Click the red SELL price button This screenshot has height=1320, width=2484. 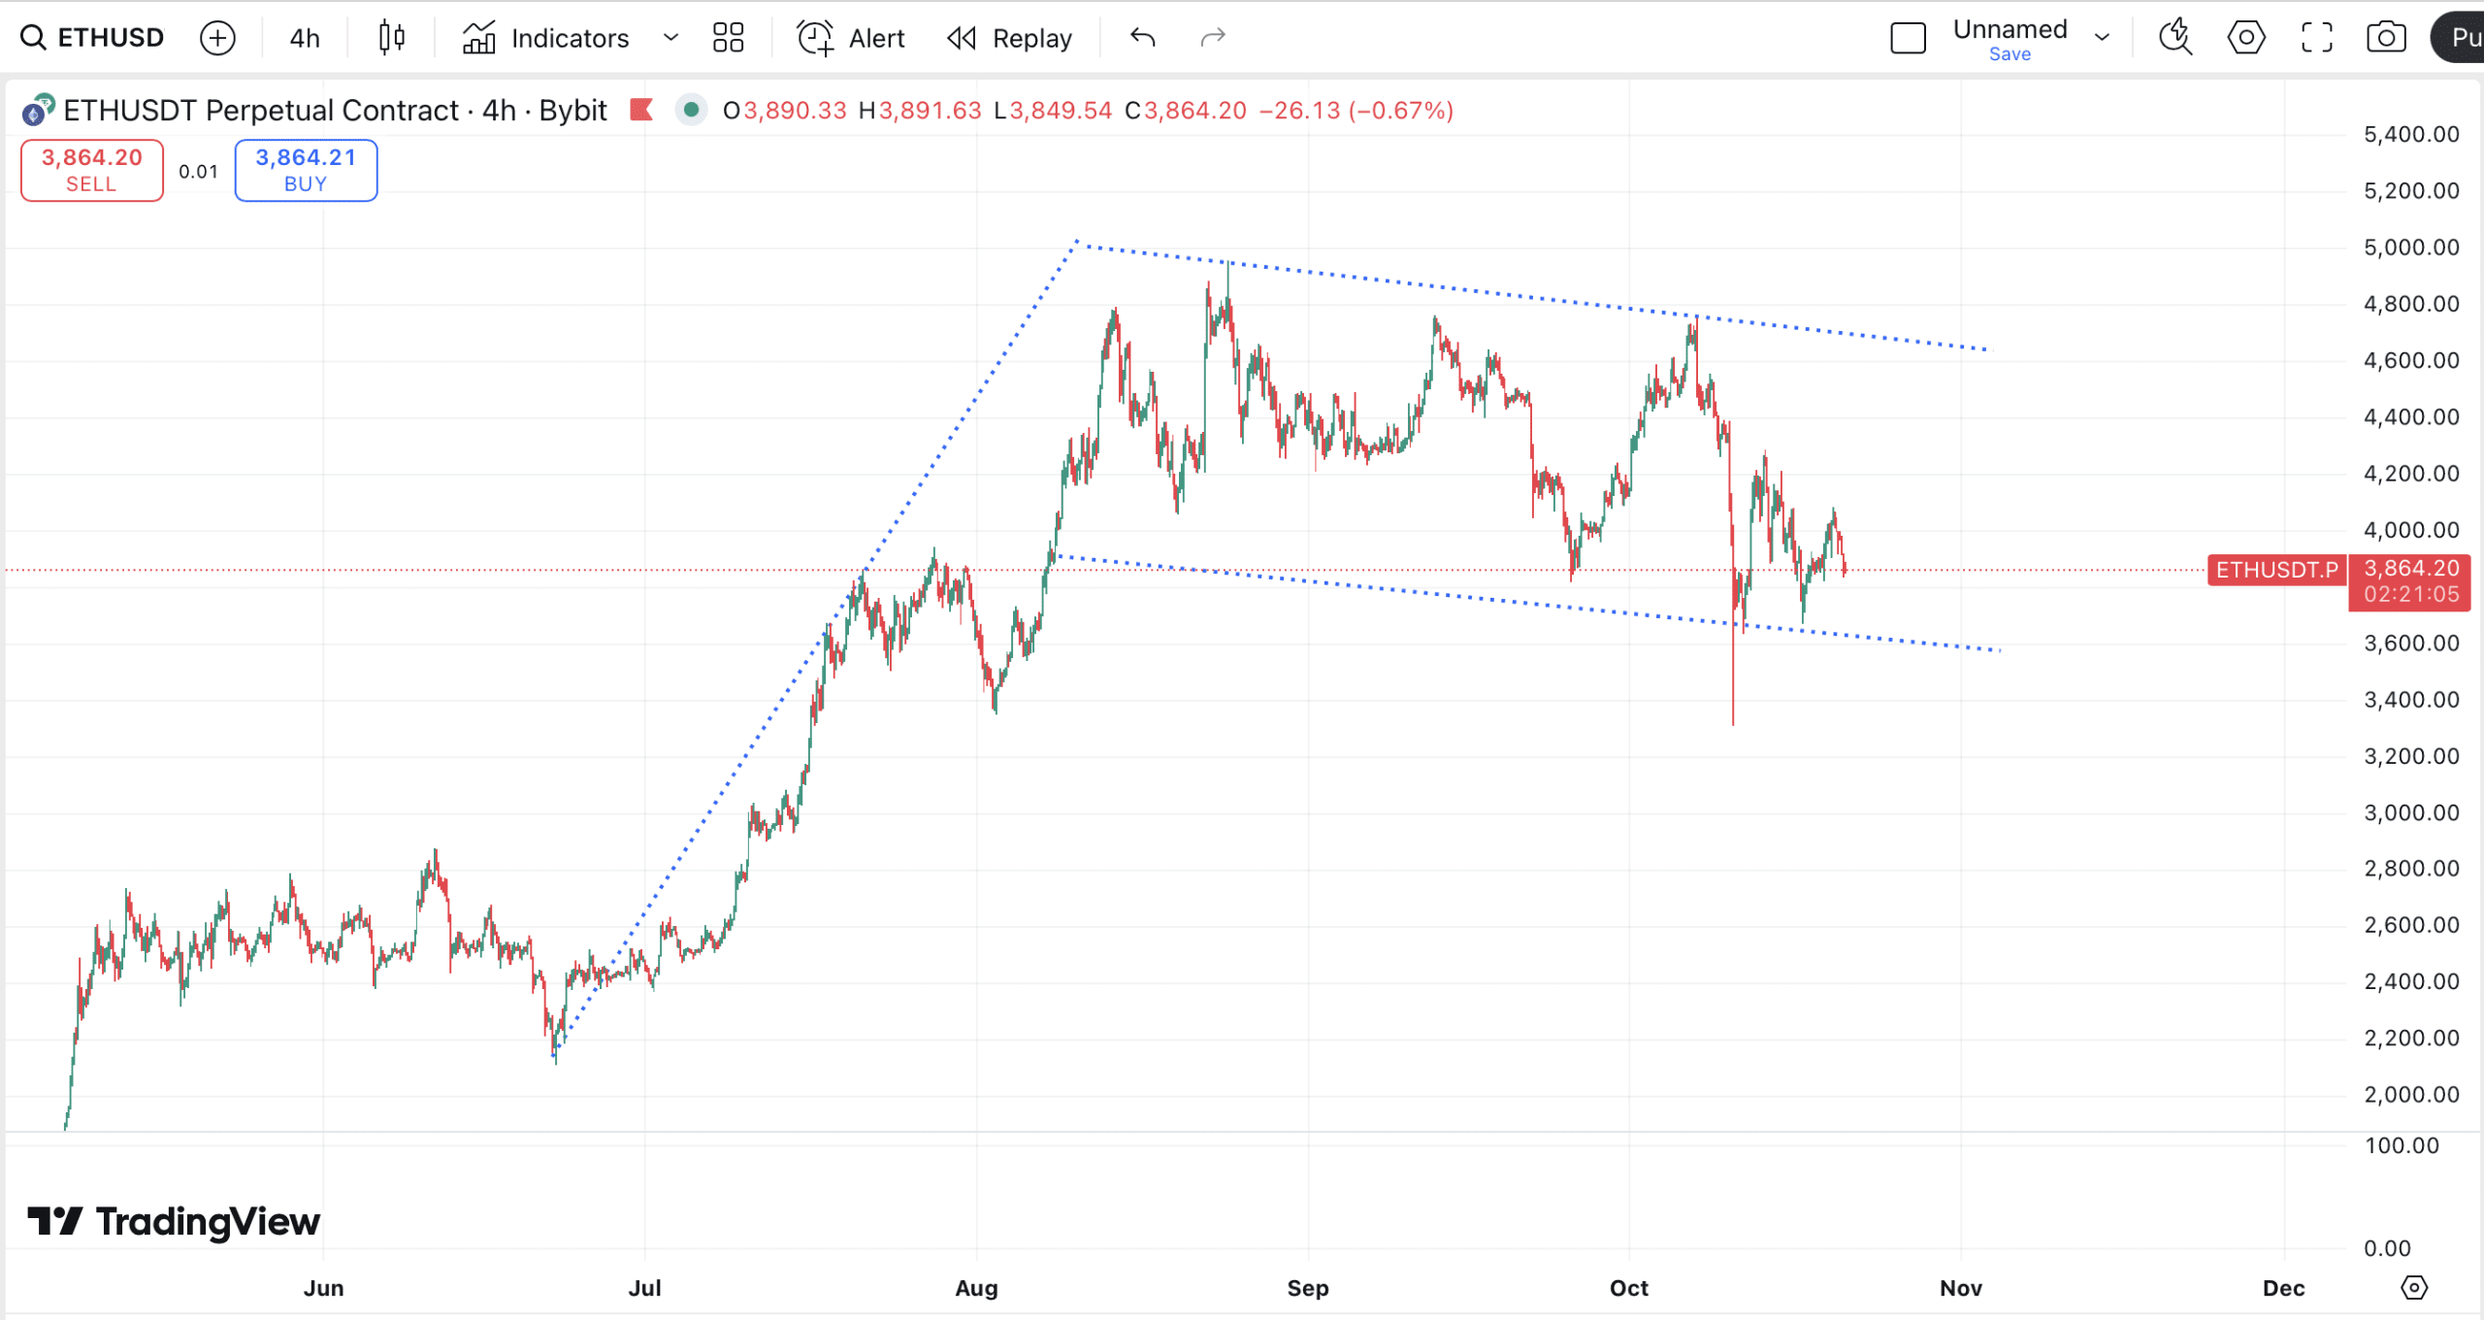pos(92,170)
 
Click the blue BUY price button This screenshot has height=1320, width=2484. pos(306,170)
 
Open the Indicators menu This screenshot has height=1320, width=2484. pos(547,38)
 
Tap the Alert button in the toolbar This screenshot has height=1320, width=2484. pos(851,38)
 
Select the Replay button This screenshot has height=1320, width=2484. pos(1010,38)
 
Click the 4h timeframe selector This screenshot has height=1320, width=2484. pos(305,38)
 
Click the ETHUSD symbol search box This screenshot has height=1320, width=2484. pos(94,38)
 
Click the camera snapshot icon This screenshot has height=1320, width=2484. pos(2386,38)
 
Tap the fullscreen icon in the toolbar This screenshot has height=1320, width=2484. pos(2317,38)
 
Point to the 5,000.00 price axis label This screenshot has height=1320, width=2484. pos(2411,247)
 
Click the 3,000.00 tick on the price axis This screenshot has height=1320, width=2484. pos(2411,812)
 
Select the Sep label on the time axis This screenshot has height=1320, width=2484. pos(1308,1288)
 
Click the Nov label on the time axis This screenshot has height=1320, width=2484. pos(1960,1288)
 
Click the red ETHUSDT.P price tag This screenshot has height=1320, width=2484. pos(2276,570)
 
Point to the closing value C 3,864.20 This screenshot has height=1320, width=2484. pos(1186,111)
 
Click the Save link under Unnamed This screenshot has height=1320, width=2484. pos(2010,54)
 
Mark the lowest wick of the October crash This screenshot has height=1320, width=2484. pos(1733,722)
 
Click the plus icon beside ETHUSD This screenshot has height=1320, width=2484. pos(217,38)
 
